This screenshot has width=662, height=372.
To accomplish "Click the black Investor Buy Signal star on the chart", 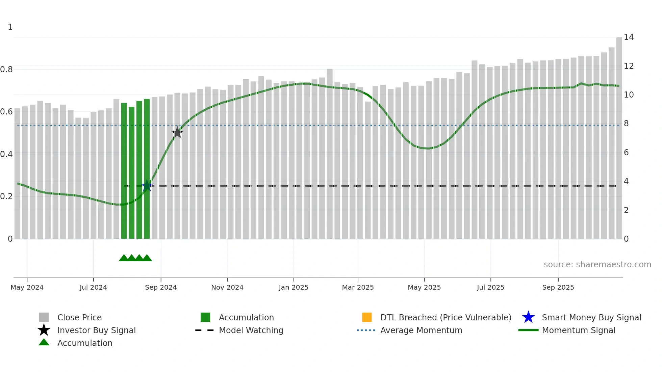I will [x=177, y=133].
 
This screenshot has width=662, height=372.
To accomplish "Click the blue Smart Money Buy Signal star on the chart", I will [x=147, y=186].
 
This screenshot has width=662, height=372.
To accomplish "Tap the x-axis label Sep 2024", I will [x=161, y=287].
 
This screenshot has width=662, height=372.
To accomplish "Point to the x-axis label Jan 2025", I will [x=294, y=287].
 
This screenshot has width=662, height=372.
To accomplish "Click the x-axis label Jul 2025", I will [x=490, y=287].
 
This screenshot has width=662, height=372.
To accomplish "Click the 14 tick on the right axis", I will [x=629, y=37].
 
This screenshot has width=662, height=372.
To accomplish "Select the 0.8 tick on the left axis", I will [x=6, y=70].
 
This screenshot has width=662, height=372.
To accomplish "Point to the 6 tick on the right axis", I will [x=626, y=153].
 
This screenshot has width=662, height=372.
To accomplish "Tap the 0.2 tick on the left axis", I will [x=6, y=196].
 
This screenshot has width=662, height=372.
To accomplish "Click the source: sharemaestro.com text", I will [x=597, y=265].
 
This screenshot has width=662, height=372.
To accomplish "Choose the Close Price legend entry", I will [x=79, y=317].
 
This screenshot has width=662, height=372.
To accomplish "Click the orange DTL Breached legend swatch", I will [x=367, y=317].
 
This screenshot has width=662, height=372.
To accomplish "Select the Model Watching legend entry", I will [x=251, y=330].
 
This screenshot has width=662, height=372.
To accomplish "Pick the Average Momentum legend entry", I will [x=421, y=330].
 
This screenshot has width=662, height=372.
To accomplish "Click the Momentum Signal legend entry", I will [x=579, y=330].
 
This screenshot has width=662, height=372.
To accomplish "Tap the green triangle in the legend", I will [x=44, y=342].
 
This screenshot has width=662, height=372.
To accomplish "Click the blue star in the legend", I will [x=528, y=317].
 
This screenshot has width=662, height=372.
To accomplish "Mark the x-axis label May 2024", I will [x=27, y=287].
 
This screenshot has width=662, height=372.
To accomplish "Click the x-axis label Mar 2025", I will [x=358, y=287].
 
